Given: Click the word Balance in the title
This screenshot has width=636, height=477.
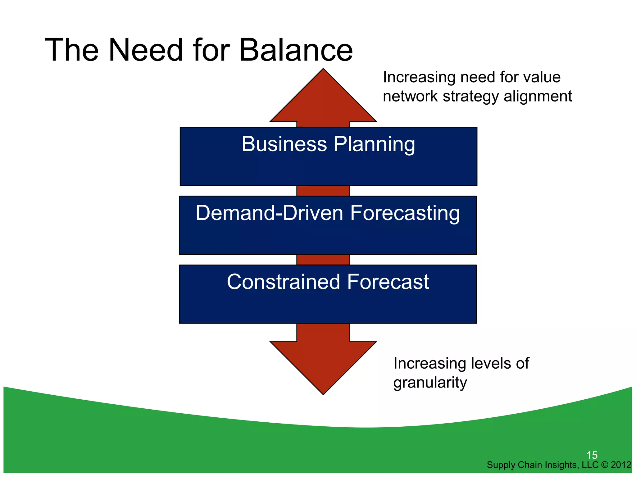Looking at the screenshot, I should (296, 50).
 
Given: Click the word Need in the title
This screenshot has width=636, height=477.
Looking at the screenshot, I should (145, 50).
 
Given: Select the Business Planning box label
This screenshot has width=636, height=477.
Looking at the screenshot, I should (328, 144).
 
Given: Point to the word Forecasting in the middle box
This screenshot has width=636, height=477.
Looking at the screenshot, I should (405, 214).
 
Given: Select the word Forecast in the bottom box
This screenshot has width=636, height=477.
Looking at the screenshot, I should (388, 282).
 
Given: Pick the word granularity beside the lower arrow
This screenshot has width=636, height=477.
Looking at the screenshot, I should (430, 383).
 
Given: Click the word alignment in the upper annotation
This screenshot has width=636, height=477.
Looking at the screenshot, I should (538, 97).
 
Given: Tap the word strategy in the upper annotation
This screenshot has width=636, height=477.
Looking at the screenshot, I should (471, 97).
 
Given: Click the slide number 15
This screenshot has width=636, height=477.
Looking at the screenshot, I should (592, 455).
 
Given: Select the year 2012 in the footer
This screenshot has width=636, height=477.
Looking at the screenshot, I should (621, 465).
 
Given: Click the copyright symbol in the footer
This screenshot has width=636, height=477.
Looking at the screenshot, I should (605, 465).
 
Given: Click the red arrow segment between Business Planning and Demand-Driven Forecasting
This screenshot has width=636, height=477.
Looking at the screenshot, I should (323, 191).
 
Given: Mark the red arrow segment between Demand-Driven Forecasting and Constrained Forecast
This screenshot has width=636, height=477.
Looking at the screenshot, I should (323, 260).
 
